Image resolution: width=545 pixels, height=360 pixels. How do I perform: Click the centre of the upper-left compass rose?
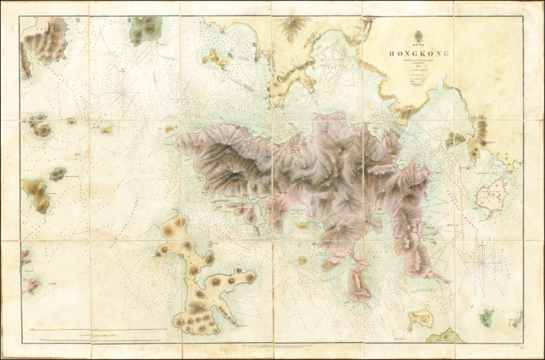[126, 93]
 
